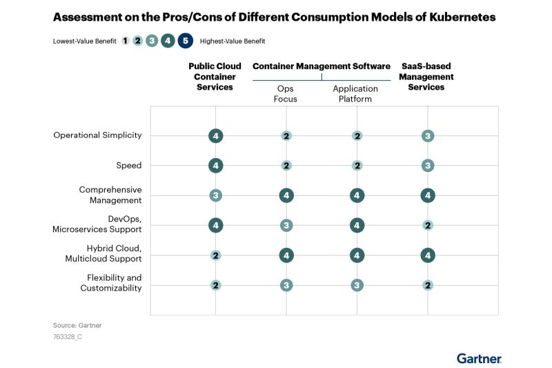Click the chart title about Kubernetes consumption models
point(274,17)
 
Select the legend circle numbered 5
point(184,41)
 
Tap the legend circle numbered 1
point(125,41)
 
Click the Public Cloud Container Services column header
point(215,77)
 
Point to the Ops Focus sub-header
point(285,93)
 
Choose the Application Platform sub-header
point(355,93)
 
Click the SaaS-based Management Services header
point(426,77)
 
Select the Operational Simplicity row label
point(97,135)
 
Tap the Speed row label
point(129,166)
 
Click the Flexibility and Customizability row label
point(110,282)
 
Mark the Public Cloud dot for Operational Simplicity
point(216,136)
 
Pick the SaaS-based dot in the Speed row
point(428,166)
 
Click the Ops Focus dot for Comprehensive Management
point(286,195)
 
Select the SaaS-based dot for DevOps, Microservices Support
point(428,225)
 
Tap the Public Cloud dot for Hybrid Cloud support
point(216,255)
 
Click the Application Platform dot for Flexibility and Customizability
point(357,285)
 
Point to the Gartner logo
point(479,358)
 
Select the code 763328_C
point(68,337)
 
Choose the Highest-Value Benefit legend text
point(233,41)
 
